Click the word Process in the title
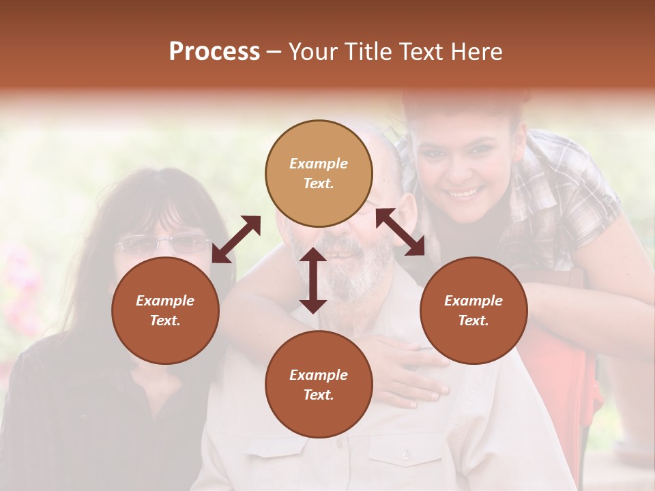pos(214,52)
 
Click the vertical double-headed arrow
pos(313,280)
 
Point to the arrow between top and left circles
pos(236,239)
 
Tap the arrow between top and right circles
pos(400,232)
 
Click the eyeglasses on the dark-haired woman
pos(164,243)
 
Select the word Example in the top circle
pos(319,164)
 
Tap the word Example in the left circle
pos(165,301)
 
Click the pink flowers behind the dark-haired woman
pos(20,286)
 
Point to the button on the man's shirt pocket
pos(406,455)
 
